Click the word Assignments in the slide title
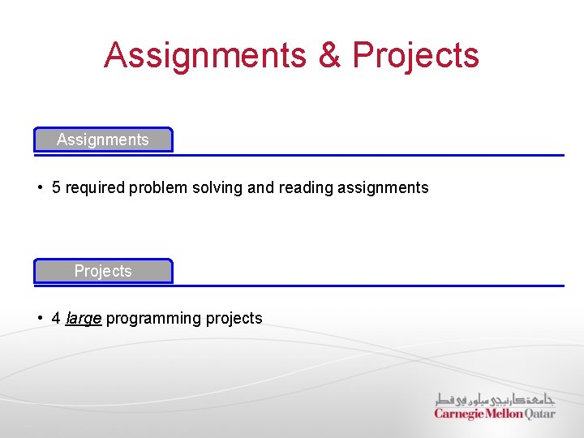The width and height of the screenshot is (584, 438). point(205,55)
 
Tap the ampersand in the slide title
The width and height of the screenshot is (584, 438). point(328,55)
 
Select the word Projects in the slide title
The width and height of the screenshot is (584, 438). point(415,55)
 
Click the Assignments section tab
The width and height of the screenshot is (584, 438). point(103,140)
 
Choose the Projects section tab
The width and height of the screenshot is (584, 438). point(103,271)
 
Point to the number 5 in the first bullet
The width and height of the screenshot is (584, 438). point(56,187)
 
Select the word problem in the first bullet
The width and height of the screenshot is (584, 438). point(158,187)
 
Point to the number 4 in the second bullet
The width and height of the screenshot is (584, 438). point(56,318)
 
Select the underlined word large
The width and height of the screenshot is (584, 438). point(84,318)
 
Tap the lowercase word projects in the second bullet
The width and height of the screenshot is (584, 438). point(234,318)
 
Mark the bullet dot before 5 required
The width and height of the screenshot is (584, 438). point(40,187)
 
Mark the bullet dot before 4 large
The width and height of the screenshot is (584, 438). point(40,318)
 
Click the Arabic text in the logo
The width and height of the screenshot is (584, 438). point(495,399)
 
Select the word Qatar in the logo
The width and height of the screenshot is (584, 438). point(540,414)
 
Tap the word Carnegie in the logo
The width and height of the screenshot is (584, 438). point(459,414)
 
